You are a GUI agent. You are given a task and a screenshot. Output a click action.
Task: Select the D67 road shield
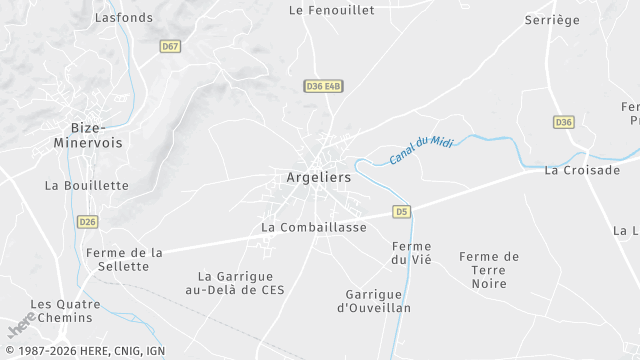170,46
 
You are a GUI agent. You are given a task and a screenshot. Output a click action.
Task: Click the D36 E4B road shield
324,87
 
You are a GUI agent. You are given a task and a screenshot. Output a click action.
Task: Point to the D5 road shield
402,211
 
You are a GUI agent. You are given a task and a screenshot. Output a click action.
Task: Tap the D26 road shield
88,221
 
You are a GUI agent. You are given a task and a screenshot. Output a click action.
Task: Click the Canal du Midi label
421,150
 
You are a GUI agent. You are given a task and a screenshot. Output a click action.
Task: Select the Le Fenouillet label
331,10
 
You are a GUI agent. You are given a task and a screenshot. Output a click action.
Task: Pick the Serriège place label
553,19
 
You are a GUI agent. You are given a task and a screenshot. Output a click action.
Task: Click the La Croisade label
582,171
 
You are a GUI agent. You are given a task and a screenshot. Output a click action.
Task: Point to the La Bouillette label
87,185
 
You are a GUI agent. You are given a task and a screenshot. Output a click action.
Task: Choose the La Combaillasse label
314,227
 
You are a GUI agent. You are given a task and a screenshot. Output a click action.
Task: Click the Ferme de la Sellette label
124,260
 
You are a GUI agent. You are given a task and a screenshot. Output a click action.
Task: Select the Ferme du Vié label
412,253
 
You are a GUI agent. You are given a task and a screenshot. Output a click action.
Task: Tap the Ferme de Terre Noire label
489,270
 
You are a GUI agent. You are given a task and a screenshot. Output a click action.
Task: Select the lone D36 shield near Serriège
564,122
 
